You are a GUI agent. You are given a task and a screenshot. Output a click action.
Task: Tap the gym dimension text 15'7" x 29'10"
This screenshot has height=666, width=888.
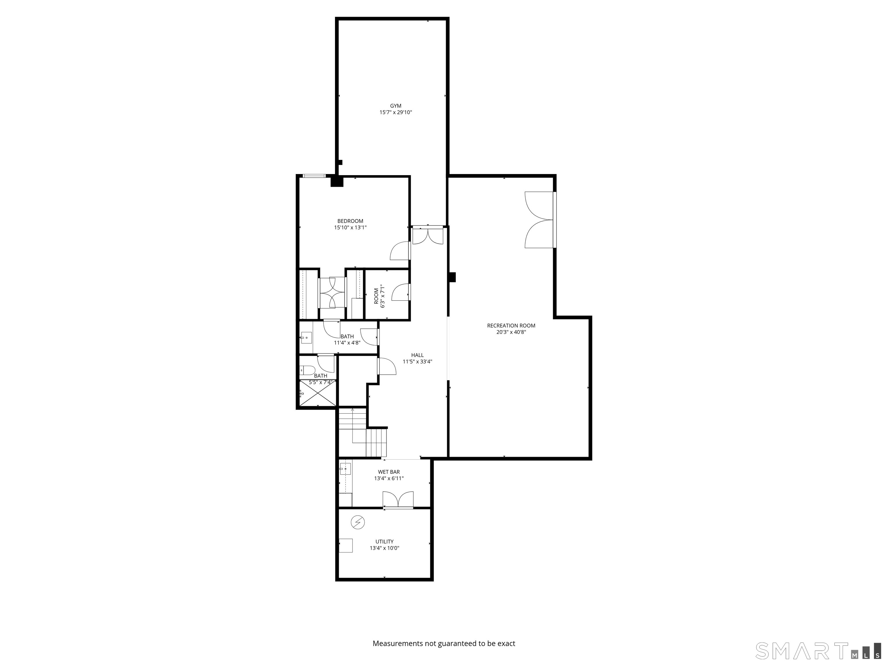(395, 112)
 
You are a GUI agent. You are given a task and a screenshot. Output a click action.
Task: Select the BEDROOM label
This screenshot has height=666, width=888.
(350, 221)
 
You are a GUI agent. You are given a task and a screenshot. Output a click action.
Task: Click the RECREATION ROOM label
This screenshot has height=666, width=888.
(511, 325)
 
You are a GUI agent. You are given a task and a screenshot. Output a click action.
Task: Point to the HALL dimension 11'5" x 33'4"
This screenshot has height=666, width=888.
(417, 362)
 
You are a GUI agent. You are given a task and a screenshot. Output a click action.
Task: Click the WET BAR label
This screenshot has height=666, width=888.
(388, 472)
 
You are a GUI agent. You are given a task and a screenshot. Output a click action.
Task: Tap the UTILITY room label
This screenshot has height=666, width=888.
(384, 541)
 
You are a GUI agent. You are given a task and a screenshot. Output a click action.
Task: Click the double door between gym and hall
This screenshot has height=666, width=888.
(428, 236)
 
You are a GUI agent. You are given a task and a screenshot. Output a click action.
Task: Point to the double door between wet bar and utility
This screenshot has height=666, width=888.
(398, 499)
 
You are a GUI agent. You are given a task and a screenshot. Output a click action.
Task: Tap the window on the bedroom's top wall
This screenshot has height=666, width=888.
(314, 175)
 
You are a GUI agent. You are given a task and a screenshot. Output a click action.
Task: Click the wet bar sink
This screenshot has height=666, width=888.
(345, 469)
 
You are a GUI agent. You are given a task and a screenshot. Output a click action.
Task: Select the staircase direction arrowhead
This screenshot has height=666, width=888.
(352, 410)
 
